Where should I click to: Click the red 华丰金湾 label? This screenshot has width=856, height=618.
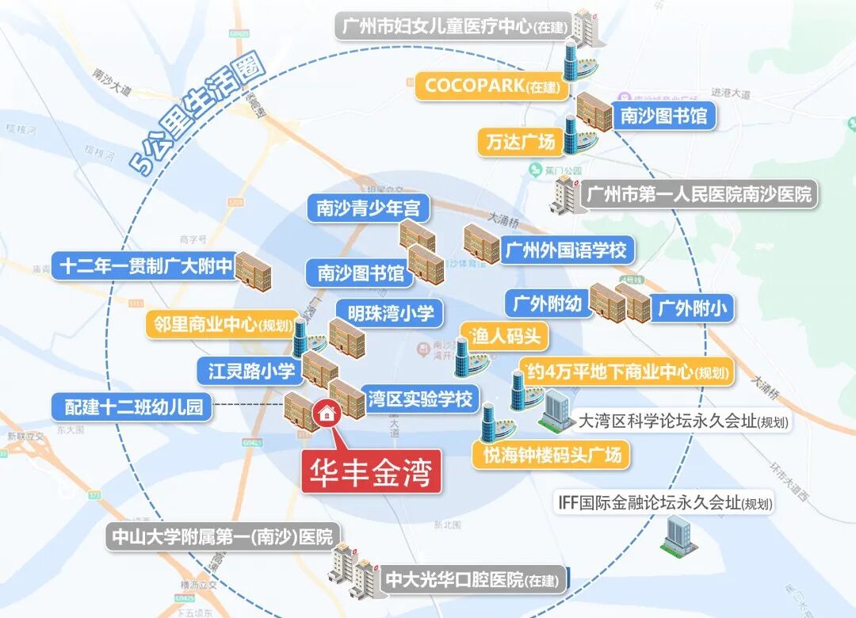(371, 473)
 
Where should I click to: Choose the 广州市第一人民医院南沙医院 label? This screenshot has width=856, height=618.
(698, 194)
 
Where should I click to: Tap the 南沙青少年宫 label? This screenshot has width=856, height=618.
(368, 208)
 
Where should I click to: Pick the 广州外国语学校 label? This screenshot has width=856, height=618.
(565, 250)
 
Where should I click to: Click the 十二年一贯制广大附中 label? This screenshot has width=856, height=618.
(145, 266)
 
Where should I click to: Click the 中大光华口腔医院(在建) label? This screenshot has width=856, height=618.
(472, 581)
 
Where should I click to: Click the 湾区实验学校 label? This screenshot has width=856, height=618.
(419, 399)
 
